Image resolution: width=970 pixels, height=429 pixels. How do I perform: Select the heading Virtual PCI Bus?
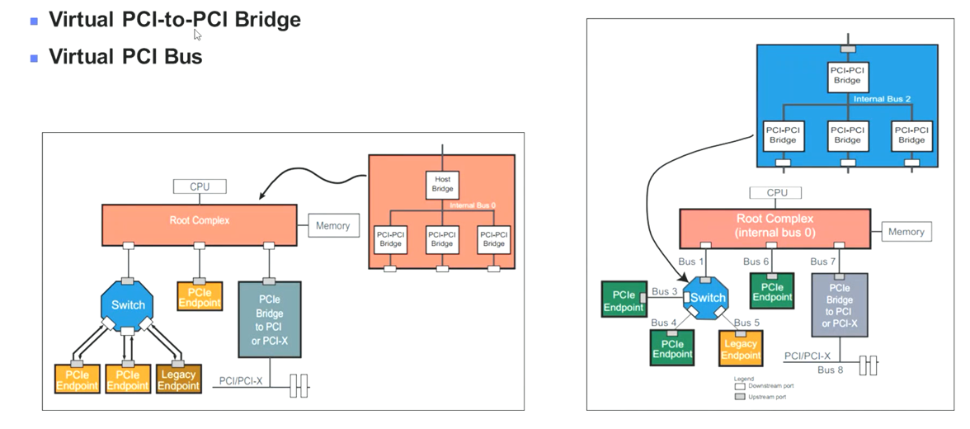pos(125,57)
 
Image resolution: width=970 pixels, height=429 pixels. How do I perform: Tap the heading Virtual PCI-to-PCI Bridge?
pos(174,19)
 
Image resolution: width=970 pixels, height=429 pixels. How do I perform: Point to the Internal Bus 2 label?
pos(881,99)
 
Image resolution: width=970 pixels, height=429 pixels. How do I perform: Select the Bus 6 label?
pos(756,262)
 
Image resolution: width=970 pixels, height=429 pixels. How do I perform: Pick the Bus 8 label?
pos(830,370)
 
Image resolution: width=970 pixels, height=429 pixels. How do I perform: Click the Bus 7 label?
pos(824,262)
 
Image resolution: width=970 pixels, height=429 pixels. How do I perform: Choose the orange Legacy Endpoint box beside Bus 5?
pos(740,349)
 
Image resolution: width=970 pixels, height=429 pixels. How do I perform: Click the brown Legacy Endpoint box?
pos(178,379)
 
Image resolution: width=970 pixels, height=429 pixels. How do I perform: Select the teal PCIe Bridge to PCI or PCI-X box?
pos(270,319)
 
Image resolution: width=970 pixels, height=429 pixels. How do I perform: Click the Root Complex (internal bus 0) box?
pos(774,225)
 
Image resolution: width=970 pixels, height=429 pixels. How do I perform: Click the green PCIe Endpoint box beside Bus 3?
pos(624,300)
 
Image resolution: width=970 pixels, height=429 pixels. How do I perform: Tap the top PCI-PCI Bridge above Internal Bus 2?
pos(846,75)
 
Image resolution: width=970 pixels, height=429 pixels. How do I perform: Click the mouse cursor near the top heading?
pos(197,34)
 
